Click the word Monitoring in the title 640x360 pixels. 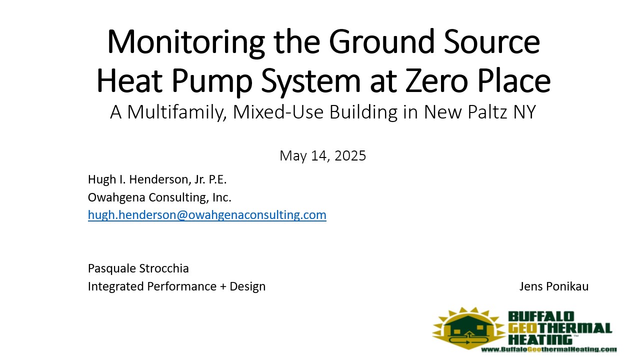point(186,42)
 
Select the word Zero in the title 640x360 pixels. point(437,81)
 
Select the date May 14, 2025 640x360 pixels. point(322,156)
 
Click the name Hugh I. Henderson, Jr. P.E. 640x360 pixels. point(157,179)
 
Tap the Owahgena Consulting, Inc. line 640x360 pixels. point(159,197)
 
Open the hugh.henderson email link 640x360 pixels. point(207,215)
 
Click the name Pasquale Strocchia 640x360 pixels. point(138,268)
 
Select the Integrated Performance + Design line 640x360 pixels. point(176,286)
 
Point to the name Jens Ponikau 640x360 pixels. point(553,286)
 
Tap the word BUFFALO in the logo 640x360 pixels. point(541,316)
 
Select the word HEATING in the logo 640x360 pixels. point(540,339)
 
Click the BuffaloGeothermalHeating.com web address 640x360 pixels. point(549,349)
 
